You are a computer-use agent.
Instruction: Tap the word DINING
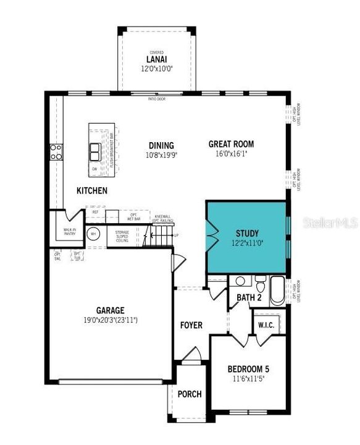pyautogui.click(x=161, y=146)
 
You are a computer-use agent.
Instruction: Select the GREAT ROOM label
pyautogui.click(x=231, y=144)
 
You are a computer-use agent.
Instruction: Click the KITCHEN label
pyautogui.click(x=92, y=191)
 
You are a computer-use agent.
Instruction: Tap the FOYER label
pyautogui.click(x=191, y=325)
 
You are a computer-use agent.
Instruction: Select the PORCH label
pyautogui.click(x=190, y=394)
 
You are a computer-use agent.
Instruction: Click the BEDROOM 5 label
pyautogui.click(x=248, y=369)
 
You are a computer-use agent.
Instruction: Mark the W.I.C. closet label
pyautogui.click(x=267, y=324)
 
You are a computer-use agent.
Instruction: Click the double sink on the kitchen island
pyautogui.click(x=95, y=151)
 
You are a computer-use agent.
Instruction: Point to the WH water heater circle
pyautogui.click(x=93, y=234)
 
